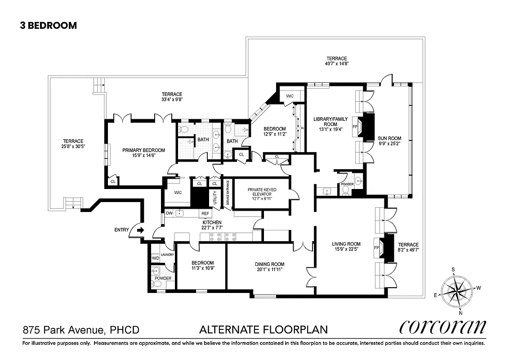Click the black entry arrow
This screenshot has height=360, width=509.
(140, 230)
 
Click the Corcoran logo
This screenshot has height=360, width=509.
(443, 328)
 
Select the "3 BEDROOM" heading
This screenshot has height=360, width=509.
(48, 26)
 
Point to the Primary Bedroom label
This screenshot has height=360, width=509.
(143, 150)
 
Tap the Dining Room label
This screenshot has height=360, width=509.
(270, 264)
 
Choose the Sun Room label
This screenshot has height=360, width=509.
(390, 139)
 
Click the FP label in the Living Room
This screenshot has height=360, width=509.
(377, 248)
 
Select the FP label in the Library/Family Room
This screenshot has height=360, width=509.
(354, 126)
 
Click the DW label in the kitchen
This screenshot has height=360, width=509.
(169, 213)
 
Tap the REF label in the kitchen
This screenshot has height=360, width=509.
(205, 213)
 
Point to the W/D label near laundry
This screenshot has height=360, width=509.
(155, 258)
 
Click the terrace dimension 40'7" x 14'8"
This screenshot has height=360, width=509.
(336, 64)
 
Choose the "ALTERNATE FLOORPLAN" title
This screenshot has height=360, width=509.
(263, 330)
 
